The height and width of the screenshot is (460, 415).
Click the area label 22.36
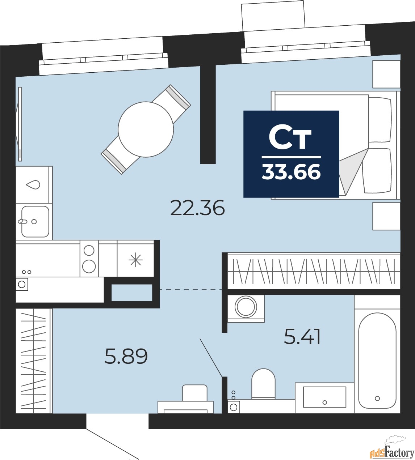tap(197, 208)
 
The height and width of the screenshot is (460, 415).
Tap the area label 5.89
tap(126, 356)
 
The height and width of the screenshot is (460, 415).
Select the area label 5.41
tap(302, 337)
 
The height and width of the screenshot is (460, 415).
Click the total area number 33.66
tap(291, 172)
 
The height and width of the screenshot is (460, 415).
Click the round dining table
tap(146, 129)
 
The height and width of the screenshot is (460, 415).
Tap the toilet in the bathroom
tap(263, 383)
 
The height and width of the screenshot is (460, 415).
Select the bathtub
tap(377, 360)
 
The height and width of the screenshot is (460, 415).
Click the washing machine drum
tap(246, 307)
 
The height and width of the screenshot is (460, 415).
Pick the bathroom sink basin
tap(324, 397)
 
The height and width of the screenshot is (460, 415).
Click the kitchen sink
tap(35, 221)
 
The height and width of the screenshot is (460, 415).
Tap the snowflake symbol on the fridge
tap(136, 260)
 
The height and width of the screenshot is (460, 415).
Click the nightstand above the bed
tap(386, 74)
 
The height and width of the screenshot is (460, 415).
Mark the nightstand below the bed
tap(386, 216)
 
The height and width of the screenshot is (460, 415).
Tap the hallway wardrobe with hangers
tap(33, 361)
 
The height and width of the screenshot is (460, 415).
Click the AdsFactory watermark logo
tap(392, 450)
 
